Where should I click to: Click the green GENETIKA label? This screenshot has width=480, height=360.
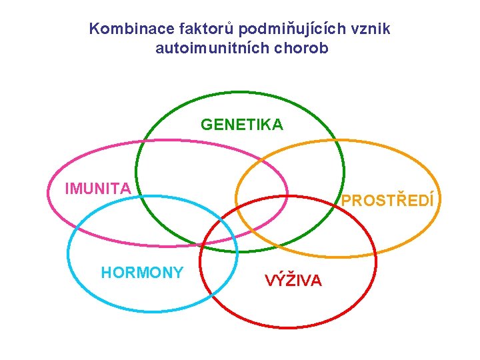[x=242, y=125]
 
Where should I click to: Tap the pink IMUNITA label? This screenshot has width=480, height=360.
[x=98, y=189]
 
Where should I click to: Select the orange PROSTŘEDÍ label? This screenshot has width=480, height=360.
[x=388, y=200]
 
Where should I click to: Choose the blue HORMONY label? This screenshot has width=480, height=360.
[x=142, y=272]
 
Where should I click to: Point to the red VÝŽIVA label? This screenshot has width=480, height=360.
[x=293, y=281]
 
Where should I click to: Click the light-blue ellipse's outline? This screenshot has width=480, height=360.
[x=67, y=253]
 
